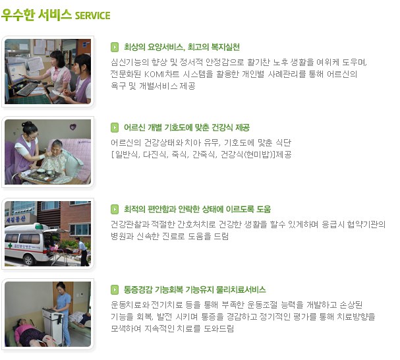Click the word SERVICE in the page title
[93, 16]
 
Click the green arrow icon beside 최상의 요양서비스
[115, 47]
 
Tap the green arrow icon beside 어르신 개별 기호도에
[115, 127]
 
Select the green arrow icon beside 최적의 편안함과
[115, 209]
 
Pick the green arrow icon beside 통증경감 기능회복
[115, 289]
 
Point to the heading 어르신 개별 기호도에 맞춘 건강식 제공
[186, 127]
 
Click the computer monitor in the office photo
[16, 73]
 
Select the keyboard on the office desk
[27, 89]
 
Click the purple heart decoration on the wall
[73, 127]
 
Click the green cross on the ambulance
[10, 246]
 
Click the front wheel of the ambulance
[28, 260]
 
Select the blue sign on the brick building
[16, 219]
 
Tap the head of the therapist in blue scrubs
[61, 287]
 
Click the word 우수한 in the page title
[18, 15]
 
